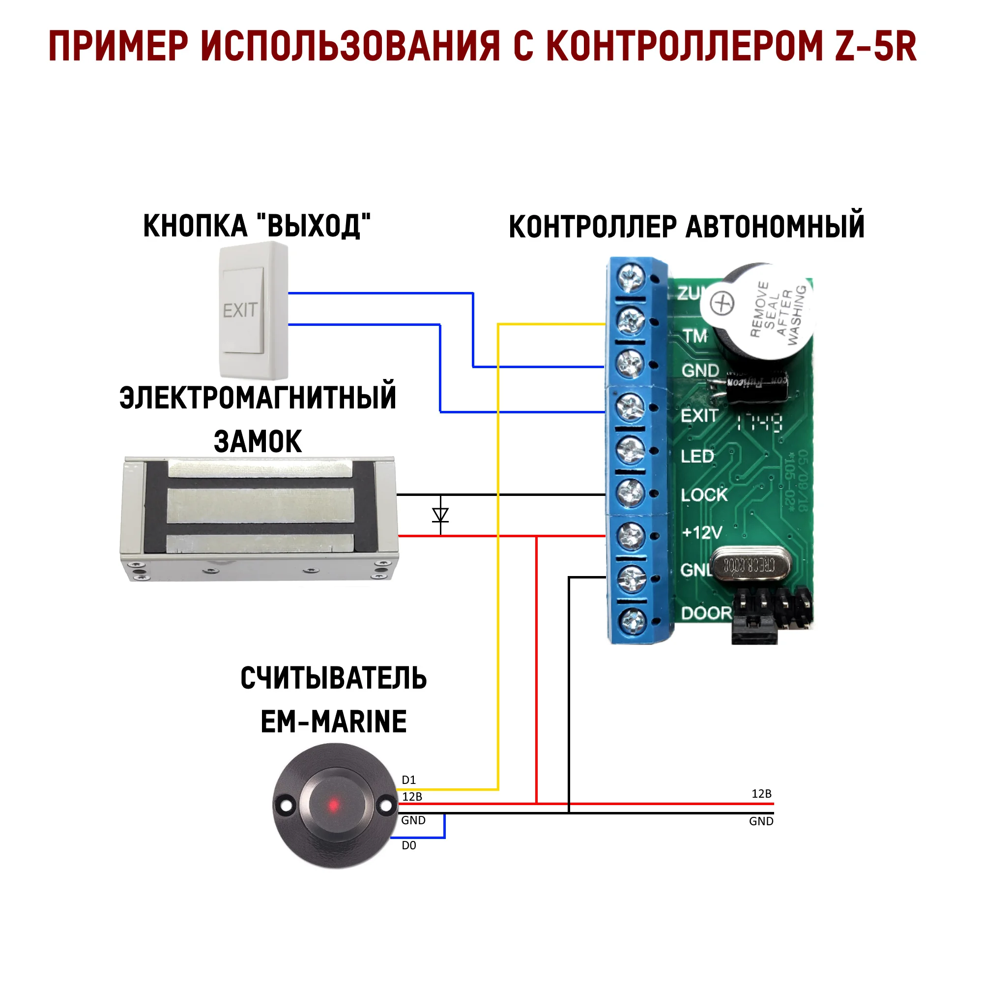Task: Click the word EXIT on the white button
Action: (x=240, y=310)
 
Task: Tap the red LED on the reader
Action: (x=333, y=806)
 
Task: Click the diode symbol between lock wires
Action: (x=440, y=515)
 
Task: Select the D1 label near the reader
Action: (x=408, y=780)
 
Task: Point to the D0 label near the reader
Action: (x=408, y=845)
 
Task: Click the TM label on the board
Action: (x=695, y=336)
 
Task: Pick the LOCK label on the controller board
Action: (x=704, y=494)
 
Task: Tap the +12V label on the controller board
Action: (x=702, y=533)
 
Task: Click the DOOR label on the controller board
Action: (x=706, y=613)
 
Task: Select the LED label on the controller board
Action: (x=697, y=457)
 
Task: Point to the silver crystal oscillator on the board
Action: (x=751, y=565)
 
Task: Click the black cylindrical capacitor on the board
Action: (x=756, y=389)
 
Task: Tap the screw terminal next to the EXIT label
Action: (x=631, y=407)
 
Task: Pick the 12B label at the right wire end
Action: (x=761, y=794)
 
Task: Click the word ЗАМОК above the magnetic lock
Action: (x=258, y=441)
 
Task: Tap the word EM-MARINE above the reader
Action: (x=333, y=722)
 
